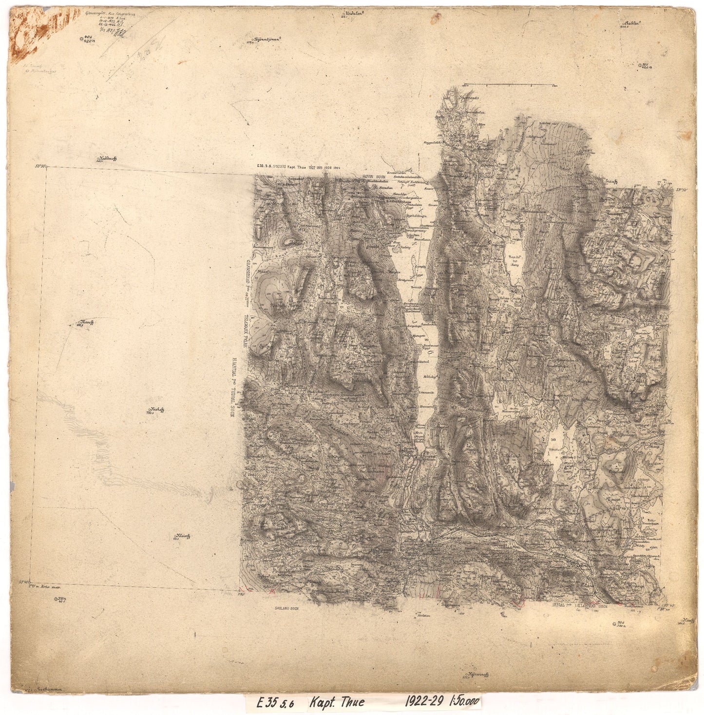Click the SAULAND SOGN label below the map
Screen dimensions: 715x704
pyautogui.click(x=286, y=609)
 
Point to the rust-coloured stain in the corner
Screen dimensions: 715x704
pyautogui.click(x=29, y=34)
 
